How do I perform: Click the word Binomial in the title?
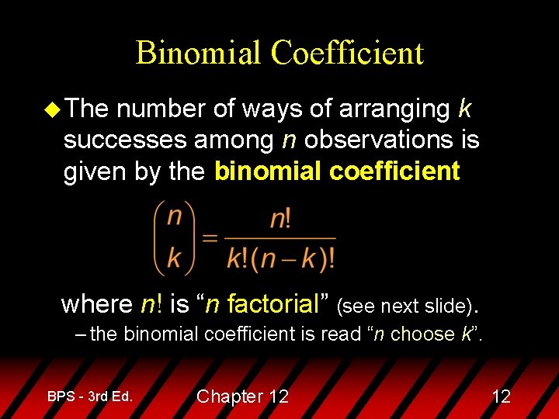click(x=198, y=53)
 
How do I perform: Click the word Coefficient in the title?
click(x=347, y=53)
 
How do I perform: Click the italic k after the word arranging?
click(x=464, y=109)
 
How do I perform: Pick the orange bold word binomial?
click(x=268, y=171)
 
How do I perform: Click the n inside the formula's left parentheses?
click(x=175, y=213)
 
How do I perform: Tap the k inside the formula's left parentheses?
click(x=175, y=256)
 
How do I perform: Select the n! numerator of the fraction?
click(x=280, y=218)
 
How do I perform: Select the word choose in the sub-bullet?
click(x=422, y=334)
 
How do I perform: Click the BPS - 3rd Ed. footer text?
click(x=89, y=396)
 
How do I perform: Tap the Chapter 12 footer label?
click(x=242, y=396)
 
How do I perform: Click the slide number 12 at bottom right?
click(x=501, y=396)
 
